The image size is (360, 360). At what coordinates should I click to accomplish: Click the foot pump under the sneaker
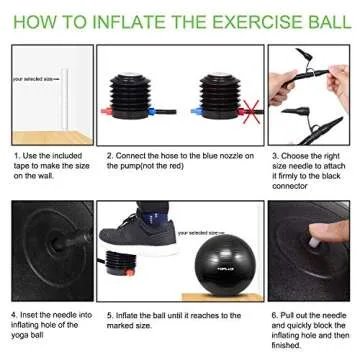tap(121, 266)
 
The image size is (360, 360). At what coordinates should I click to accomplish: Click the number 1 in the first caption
tap(15, 156)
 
